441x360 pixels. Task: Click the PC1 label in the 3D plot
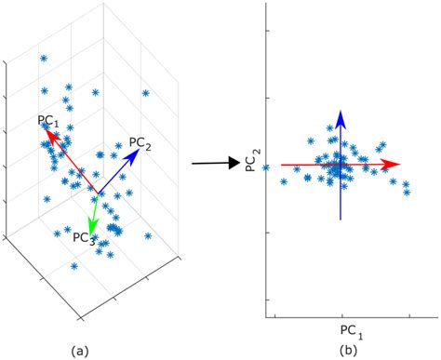point(49,121)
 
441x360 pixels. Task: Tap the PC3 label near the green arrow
point(84,237)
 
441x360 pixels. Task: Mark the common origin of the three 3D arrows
point(99,195)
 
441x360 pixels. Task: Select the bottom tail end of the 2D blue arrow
point(341,220)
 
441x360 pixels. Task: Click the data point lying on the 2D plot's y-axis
point(266,167)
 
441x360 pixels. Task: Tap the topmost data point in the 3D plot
point(44,59)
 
